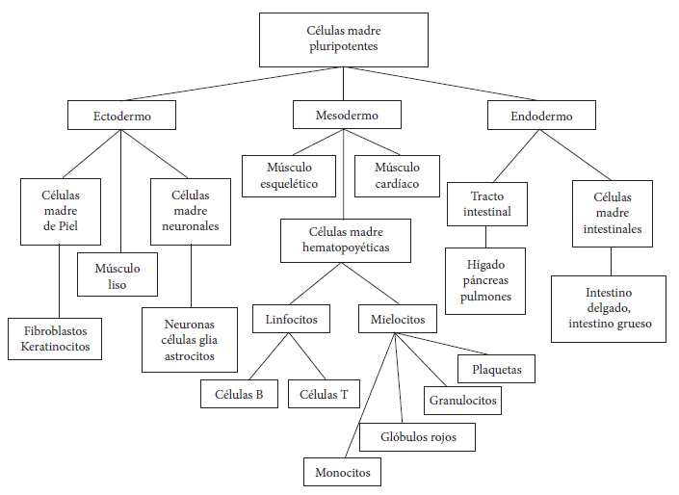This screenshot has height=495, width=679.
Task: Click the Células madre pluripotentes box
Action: click(x=344, y=39)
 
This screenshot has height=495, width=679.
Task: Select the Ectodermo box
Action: click(x=121, y=116)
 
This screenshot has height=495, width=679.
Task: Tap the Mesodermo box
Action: click(x=347, y=115)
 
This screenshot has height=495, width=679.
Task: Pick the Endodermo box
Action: click(x=541, y=116)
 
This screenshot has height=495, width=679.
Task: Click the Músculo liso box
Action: click(x=118, y=274)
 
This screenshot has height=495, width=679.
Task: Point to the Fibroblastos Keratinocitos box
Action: click(x=55, y=339)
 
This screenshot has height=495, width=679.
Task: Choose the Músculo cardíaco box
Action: click(x=397, y=176)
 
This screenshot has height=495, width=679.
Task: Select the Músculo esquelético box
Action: click(x=289, y=176)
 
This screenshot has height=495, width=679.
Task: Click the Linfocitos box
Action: click(x=292, y=319)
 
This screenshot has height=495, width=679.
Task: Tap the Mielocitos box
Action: click(x=398, y=319)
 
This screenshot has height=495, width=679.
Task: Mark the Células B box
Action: click(x=239, y=394)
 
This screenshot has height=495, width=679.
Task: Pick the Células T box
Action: click(x=324, y=394)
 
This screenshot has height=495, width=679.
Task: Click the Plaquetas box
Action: click(x=496, y=369)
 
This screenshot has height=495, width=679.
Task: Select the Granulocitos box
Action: click(x=462, y=401)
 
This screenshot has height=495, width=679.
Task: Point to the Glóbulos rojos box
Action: click(x=417, y=437)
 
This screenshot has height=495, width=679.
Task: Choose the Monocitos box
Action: click(x=342, y=472)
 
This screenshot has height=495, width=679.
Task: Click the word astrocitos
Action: click(x=190, y=356)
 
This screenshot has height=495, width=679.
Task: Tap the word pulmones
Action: click(x=485, y=297)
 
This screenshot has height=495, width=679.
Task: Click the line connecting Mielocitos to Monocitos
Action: click(x=370, y=396)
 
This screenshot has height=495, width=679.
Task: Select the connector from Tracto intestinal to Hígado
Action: click(x=485, y=237)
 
